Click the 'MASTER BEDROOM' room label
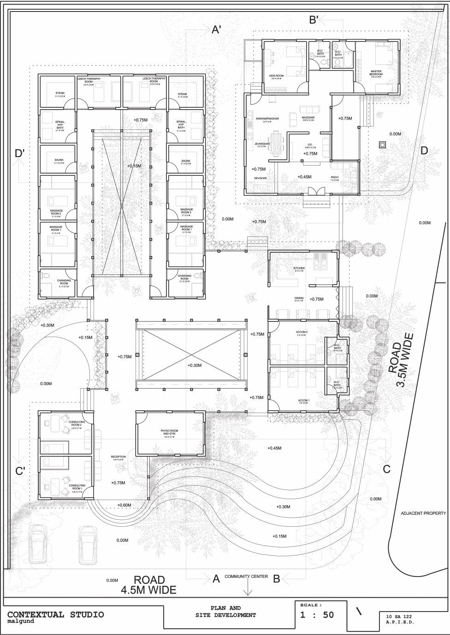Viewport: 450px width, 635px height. coord(376,73)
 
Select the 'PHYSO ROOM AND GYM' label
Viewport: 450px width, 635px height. coord(169,432)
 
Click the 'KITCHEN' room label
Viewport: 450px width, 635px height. coord(299,268)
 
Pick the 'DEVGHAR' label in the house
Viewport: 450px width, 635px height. coord(261,178)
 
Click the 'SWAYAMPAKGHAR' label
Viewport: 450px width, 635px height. coord(267,120)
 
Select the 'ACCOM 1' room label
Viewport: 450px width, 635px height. coord(304,401)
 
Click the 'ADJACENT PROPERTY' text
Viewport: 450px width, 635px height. coord(423,513)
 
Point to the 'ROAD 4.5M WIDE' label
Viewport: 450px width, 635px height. coord(148,584)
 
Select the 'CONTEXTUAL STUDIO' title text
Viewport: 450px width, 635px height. coord(55,614)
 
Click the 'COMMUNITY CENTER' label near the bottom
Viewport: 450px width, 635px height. coord(246,577)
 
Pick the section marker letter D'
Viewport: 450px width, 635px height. coord(20,153)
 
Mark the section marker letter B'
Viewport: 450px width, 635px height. coord(314,19)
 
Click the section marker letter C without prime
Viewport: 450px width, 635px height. coord(386,469)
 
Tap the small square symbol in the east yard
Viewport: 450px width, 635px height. coord(382,145)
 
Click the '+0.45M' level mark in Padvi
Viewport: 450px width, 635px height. coord(304,177)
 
